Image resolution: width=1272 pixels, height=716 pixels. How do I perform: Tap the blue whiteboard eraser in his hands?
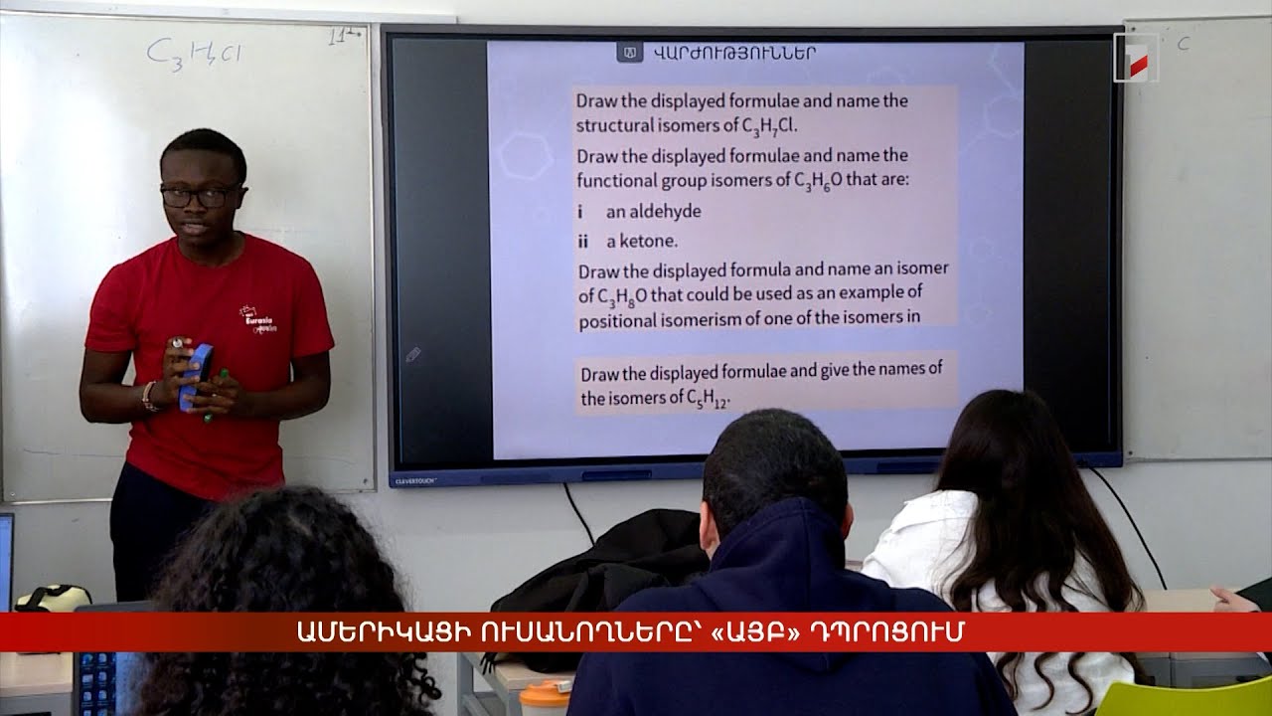pyautogui.click(x=196, y=374)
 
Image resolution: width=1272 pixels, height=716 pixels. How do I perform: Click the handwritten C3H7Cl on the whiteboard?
pyautogui.click(x=194, y=52)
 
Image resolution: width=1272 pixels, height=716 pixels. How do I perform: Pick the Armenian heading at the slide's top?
pyautogui.click(x=734, y=53)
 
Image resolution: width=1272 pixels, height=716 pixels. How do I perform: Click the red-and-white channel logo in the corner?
pyautogui.click(x=1135, y=58)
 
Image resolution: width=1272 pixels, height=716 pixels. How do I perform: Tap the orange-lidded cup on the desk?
pyautogui.click(x=546, y=697)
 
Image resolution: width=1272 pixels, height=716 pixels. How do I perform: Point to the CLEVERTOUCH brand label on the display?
pyautogui.click(x=416, y=479)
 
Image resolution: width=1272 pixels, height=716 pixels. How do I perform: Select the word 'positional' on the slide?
pyautogui.click(x=617, y=319)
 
